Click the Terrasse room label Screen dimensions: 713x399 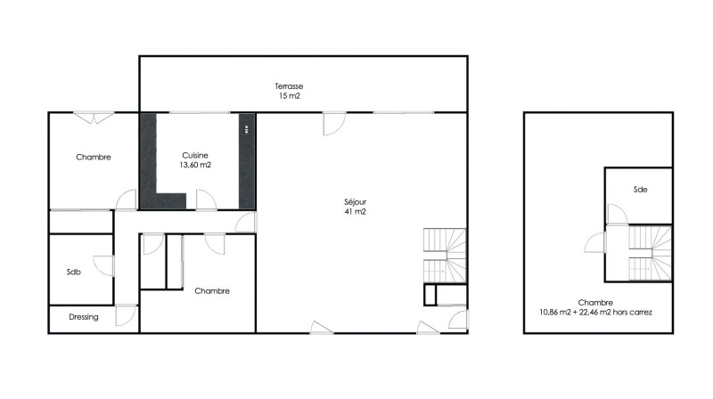click(x=289, y=85)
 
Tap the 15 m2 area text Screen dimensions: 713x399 click(x=289, y=96)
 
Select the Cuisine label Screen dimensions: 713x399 click(x=195, y=156)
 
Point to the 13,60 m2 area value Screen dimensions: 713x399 click(x=195, y=165)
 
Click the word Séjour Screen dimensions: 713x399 click(x=355, y=202)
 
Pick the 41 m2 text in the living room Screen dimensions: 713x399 click(x=355, y=212)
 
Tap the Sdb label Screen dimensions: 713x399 click(x=74, y=273)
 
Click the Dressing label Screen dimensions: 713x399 click(x=84, y=317)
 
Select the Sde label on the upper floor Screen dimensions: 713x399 click(x=640, y=190)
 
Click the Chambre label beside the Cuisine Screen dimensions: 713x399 click(x=94, y=158)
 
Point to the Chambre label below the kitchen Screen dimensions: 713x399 click(x=212, y=291)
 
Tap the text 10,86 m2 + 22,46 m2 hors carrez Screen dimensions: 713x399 click(x=595, y=313)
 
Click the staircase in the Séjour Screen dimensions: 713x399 click(x=445, y=256)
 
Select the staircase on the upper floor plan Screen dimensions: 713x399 click(x=651, y=253)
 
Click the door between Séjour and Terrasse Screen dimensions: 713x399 click(x=334, y=124)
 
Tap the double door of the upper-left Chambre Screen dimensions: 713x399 click(x=94, y=118)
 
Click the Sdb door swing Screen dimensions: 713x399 click(x=103, y=265)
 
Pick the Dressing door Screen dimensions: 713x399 click(x=127, y=315)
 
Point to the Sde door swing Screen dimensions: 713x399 click(x=617, y=215)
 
